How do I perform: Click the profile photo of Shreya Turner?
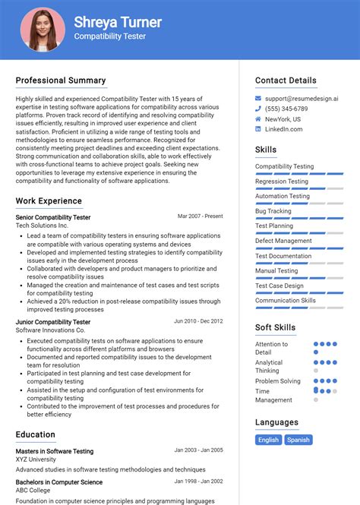[43, 30]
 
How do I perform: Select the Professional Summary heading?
[61, 80]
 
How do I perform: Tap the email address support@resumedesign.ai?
[302, 99]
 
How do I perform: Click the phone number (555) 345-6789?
[287, 109]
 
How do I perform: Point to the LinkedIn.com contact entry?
[284, 129]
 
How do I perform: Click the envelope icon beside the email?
[258, 99]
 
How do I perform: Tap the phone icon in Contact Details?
[258, 109]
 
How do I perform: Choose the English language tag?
[268, 440]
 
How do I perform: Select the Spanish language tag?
[298, 440]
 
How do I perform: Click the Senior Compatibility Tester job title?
[53, 217]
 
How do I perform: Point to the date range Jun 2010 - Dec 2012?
[198, 321]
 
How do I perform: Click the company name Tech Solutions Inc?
[42, 226]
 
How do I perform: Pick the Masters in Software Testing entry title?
[55, 451]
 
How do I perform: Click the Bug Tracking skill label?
[273, 211]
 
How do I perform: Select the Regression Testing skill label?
[282, 181]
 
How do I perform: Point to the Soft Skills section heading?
[276, 327]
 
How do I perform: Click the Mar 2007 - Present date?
[201, 216]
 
